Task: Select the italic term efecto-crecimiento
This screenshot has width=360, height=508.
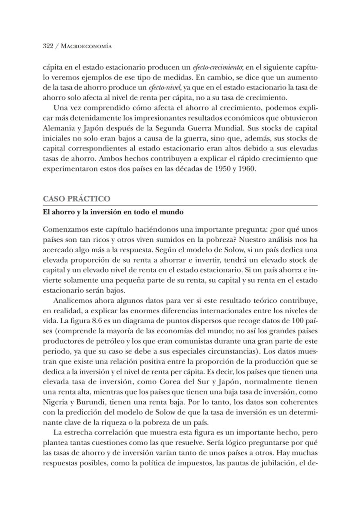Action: (174, 68)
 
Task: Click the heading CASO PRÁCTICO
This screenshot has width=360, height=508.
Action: (77, 199)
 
